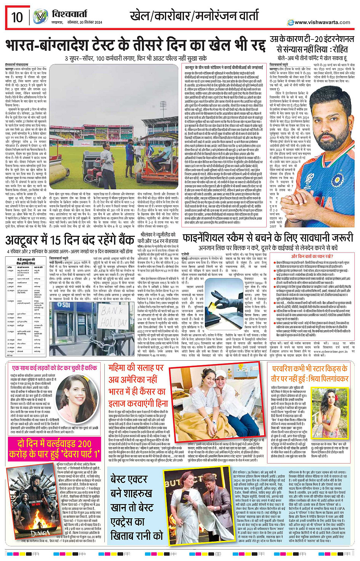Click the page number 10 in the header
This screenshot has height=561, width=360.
pyautogui.click(x=17, y=17)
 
